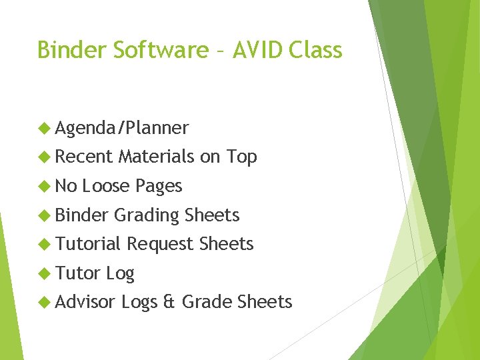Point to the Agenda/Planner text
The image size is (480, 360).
pyautogui.click(x=122, y=128)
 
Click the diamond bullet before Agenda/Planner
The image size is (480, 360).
pyautogui.click(x=45, y=127)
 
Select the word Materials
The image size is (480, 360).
pyautogui.click(x=157, y=157)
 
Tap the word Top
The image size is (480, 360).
pyautogui.click(x=241, y=157)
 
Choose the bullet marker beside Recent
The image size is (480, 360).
pyautogui.click(x=45, y=157)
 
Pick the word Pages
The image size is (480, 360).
pyautogui.click(x=159, y=187)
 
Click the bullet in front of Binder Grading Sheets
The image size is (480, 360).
pyautogui.click(x=45, y=215)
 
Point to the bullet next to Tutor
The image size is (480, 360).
pyautogui.click(x=45, y=273)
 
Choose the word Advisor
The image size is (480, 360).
pyautogui.click(x=86, y=302)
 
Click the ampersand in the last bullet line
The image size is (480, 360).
pyautogui.click(x=169, y=303)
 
